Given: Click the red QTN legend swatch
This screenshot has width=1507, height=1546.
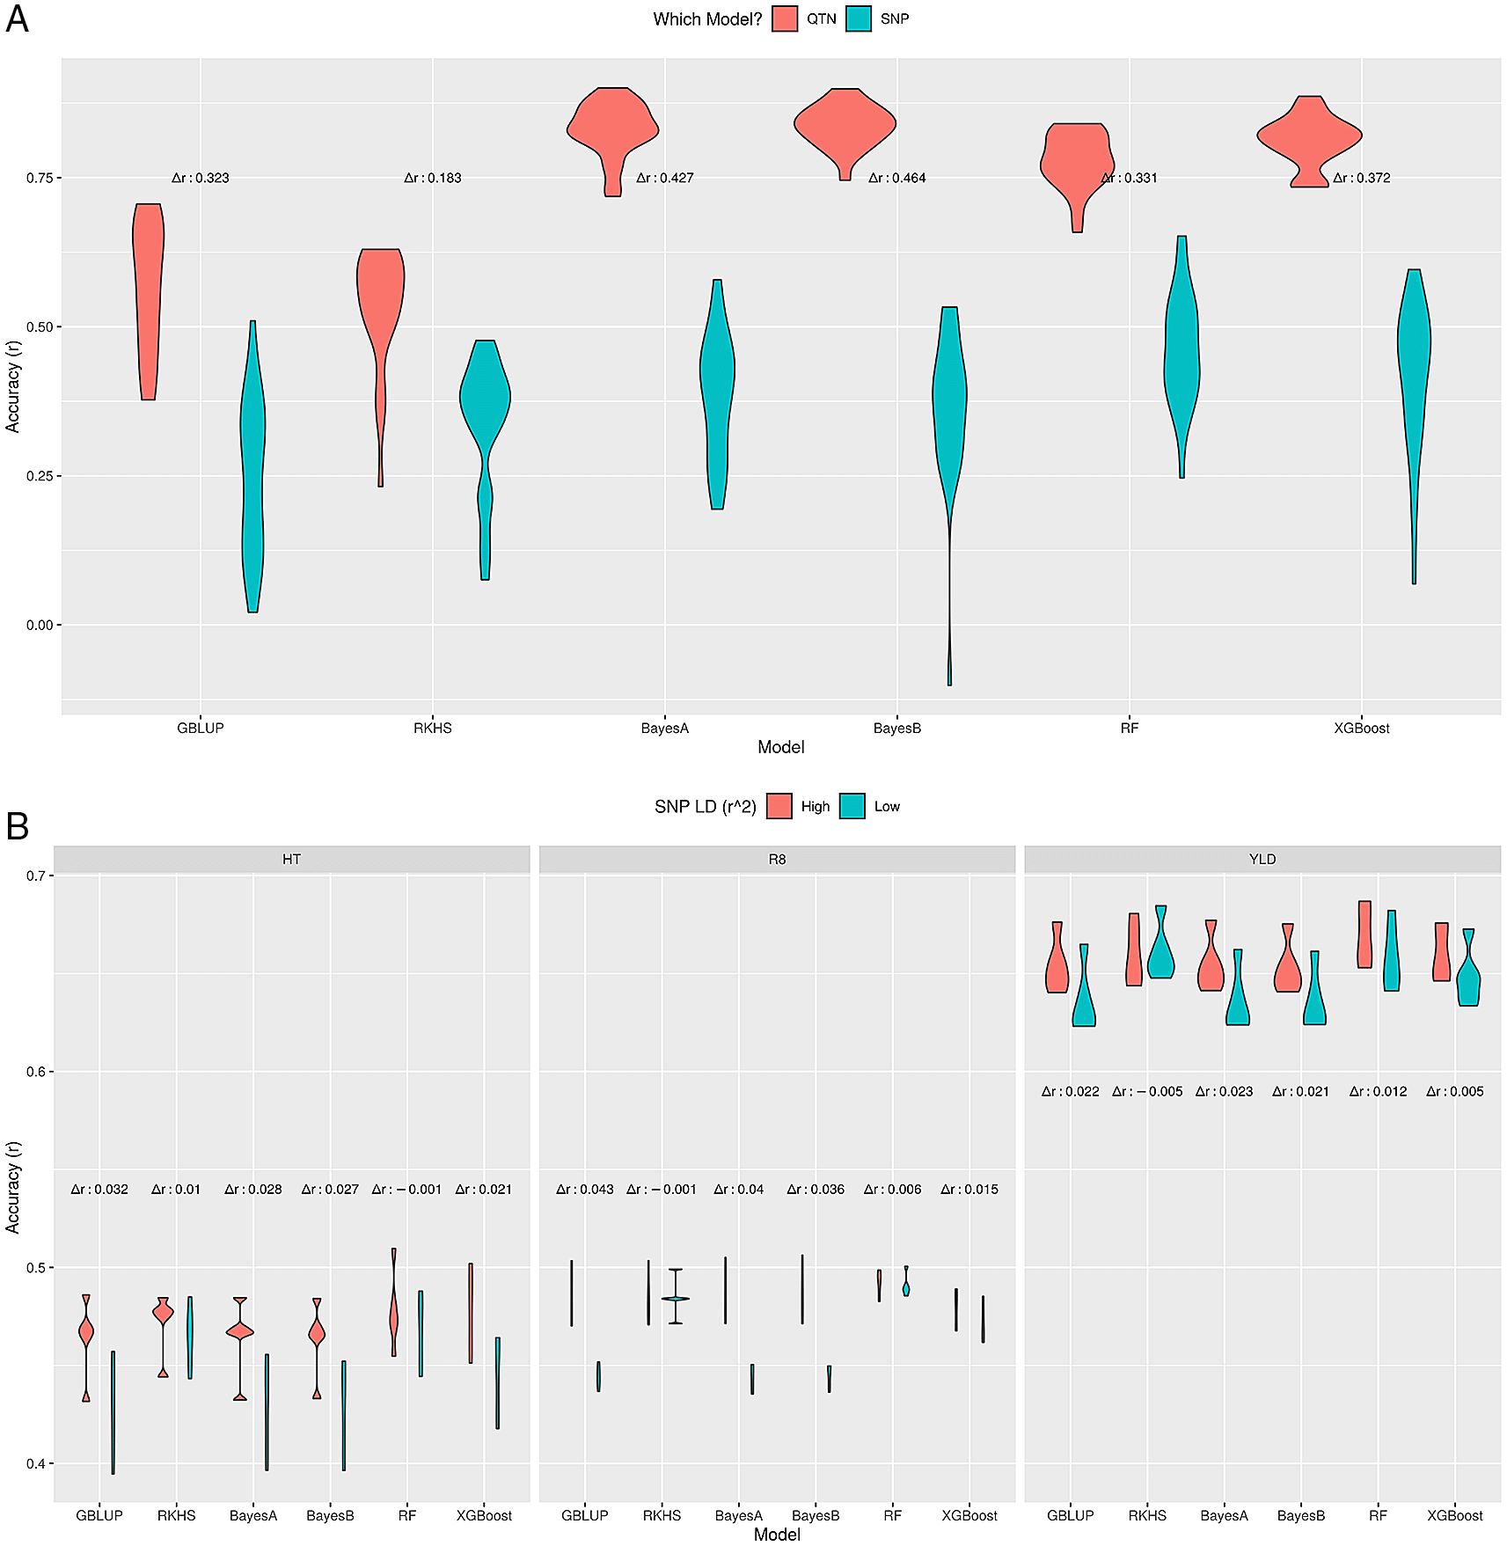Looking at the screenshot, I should click(785, 18).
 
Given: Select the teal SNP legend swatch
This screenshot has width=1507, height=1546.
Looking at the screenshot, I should click(859, 18).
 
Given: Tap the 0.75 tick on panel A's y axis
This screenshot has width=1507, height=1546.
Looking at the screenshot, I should click(40, 178).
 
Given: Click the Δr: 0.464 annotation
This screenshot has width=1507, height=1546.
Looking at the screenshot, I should click(896, 178).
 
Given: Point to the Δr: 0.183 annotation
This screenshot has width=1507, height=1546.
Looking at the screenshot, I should click(432, 178).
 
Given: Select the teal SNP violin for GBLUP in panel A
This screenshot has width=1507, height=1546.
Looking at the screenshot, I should click(253, 466).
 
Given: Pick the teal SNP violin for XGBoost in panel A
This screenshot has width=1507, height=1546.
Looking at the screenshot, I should click(1414, 370).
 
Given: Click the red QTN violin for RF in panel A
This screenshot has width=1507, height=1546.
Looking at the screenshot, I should click(1078, 163).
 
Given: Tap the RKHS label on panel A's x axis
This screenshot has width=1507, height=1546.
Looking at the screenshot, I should click(432, 728).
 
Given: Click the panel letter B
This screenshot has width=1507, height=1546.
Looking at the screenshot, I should click(18, 826).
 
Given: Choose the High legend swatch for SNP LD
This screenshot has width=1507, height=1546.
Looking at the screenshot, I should click(779, 806).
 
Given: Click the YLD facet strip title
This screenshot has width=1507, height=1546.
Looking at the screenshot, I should click(1262, 859).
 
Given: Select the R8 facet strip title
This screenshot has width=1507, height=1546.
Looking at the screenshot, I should click(777, 859).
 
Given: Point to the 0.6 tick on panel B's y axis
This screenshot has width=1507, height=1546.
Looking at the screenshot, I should click(36, 1072).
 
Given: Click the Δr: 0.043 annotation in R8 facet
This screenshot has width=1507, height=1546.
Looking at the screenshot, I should click(585, 1189).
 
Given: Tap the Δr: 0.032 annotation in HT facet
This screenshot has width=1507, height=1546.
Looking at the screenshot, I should click(99, 1189).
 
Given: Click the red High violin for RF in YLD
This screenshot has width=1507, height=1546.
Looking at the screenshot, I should click(1364, 934).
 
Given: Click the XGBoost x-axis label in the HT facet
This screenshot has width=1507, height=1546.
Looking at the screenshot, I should click(484, 1515).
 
